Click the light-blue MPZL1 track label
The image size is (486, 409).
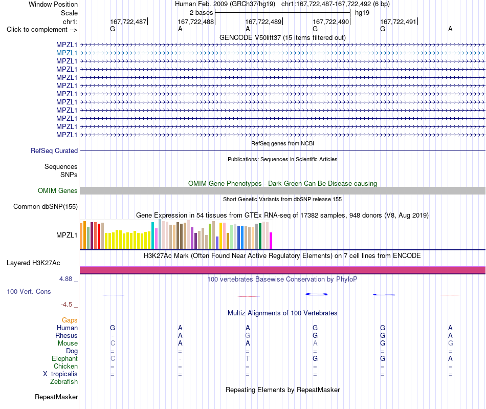pyautogui.click(x=67, y=53)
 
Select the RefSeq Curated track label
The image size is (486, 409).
pyautogui.click(x=54, y=150)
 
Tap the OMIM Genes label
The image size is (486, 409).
pyautogui.click(x=58, y=191)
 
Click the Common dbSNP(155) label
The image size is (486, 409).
pyautogui.click(x=46, y=206)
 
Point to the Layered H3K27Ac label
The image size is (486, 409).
pyautogui.click(x=33, y=263)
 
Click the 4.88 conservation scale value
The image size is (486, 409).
pyautogui.click(x=65, y=279)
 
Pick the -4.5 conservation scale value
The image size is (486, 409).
pyautogui.click(x=67, y=305)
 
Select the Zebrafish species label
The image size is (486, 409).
pyautogui.click(x=64, y=382)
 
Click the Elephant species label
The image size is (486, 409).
pyautogui.click(x=65, y=359)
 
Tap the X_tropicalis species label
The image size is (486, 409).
pyautogui.click(x=60, y=374)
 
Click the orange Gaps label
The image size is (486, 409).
pyautogui.click(x=70, y=320)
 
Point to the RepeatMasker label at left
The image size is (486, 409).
pyautogui.click(x=56, y=397)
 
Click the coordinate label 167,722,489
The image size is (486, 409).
pyautogui.click(x=263, y=21)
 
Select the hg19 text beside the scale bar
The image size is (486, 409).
pyautogui.click(x=362, y=13)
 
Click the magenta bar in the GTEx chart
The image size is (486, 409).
pyautogui.click(x=271, y=241)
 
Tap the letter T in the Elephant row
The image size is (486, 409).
pyautogui.click(x=248, y=359)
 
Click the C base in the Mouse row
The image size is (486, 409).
pyautogui.click(x=113, y=343)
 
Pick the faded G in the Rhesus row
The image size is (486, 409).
pyautogui.click(x=248, y=335)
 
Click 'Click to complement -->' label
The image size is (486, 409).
pyautogui.click(x=42, y=30)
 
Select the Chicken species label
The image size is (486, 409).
pyautogui.click(x=65, y=367)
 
